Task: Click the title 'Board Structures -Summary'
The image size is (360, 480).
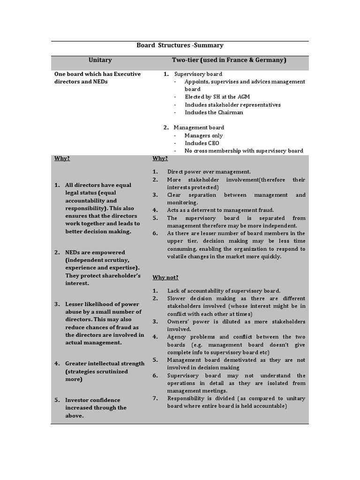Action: (x=180, y=45)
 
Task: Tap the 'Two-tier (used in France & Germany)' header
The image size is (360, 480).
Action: (x=229, y=60)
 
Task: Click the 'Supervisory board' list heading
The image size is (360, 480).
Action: (x=198, y=74)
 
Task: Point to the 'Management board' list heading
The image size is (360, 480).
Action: (x=199, y=127)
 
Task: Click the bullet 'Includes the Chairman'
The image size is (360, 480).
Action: (x=214, y=112)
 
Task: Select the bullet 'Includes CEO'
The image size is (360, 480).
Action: (x=202, y=143)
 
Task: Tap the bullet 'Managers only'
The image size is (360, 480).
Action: (x=203, y=135)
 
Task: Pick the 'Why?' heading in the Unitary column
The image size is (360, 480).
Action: (x=62, y=158)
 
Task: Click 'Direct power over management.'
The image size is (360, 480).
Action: (x=209, y=172)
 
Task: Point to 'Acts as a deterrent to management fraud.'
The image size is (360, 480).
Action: (x=220, y=210)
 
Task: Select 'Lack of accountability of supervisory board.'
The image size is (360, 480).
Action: (x=224, y=291)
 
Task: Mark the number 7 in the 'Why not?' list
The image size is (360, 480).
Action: (x=155, y=398)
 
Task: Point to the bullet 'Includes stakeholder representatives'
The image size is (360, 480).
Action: (x=232, y=105)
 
